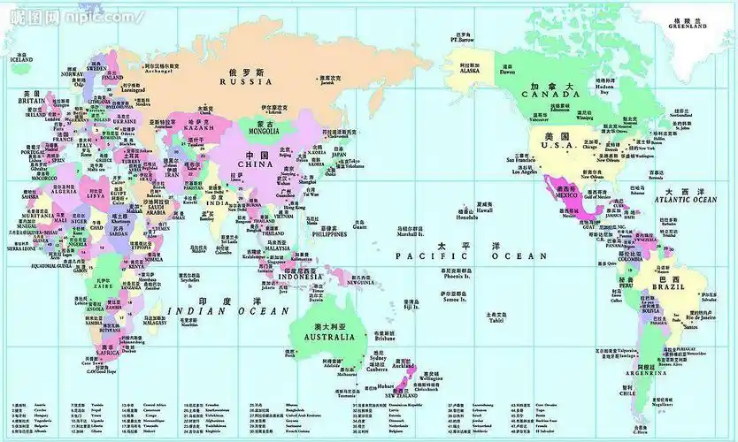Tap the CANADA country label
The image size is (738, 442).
coord(549,94)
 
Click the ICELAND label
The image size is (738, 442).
coord(21,59)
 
